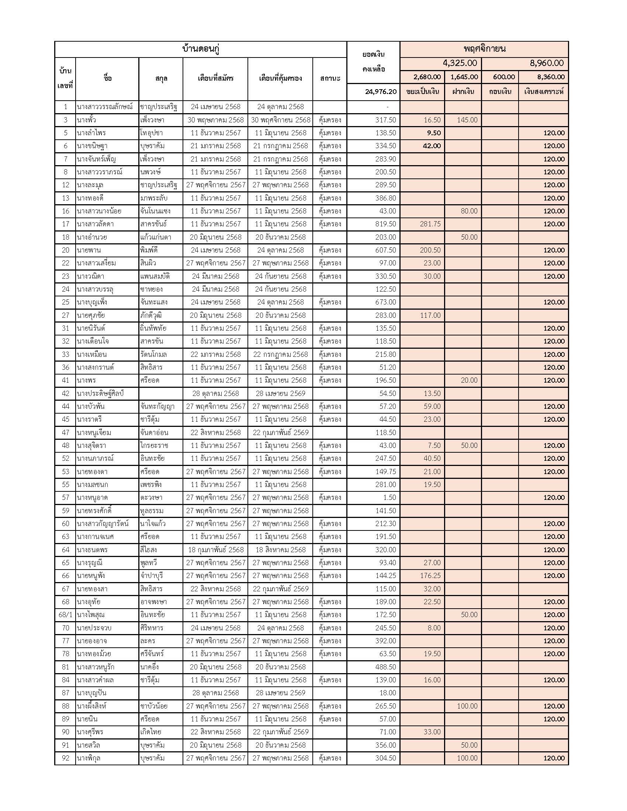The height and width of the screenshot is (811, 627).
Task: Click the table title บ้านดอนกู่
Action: pos(201,49)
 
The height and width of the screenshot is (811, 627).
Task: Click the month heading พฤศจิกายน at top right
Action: pos(484,49)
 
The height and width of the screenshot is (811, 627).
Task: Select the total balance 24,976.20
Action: pos(381,91)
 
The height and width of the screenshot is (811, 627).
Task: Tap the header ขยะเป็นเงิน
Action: pos(423,91)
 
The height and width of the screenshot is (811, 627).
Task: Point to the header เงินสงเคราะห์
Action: pos(544,91)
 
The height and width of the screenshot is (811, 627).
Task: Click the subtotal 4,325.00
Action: pos(460,63)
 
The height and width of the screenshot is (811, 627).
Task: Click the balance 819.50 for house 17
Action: pos(385,224)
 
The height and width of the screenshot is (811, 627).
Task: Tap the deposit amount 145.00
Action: pos(467,120)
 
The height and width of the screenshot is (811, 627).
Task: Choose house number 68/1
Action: pos(65,615)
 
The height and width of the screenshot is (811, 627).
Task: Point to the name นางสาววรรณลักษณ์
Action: pos(105,107)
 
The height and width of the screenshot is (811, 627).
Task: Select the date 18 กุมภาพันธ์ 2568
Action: pos(215,550)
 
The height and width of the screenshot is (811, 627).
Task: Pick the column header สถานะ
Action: pos(330,79)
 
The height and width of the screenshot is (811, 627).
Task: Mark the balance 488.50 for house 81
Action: pos(385,667)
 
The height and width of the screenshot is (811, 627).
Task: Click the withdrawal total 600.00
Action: pos(504,77)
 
